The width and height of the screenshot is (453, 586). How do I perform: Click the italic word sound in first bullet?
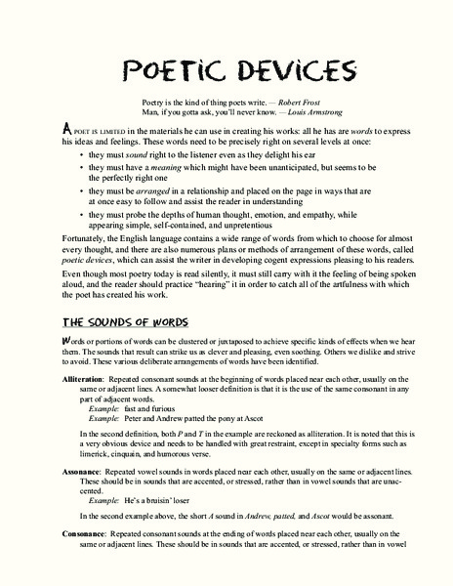point(135,155)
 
